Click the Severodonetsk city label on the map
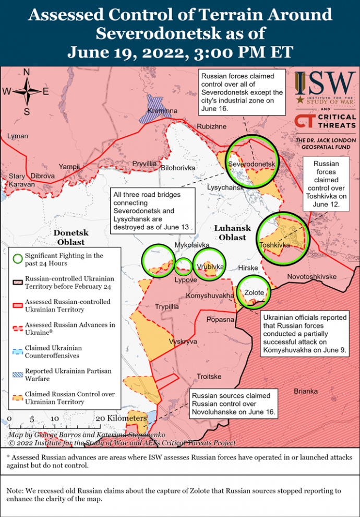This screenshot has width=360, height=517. pos(251,164)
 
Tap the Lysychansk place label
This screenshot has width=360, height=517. pos(225,187)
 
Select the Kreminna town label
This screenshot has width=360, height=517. pos(162,111)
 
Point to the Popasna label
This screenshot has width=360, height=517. pos(220,319)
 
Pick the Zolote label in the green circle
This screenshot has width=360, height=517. pos(255,292)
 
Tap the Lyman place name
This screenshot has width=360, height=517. pos(18,136)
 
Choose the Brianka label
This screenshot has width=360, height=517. pos(305,391)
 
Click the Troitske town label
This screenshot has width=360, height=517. pos(209,377)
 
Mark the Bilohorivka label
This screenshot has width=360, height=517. pos(178,168)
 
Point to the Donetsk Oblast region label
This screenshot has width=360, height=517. pos(71,238)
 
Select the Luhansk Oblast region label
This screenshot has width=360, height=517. pos(232,233)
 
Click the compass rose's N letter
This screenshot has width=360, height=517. pos(27,72)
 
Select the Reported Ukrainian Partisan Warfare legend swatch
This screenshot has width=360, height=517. pos(18,374)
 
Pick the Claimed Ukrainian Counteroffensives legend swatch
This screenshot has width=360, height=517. pos(18,351)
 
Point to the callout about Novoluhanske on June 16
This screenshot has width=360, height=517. pos(233,404)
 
